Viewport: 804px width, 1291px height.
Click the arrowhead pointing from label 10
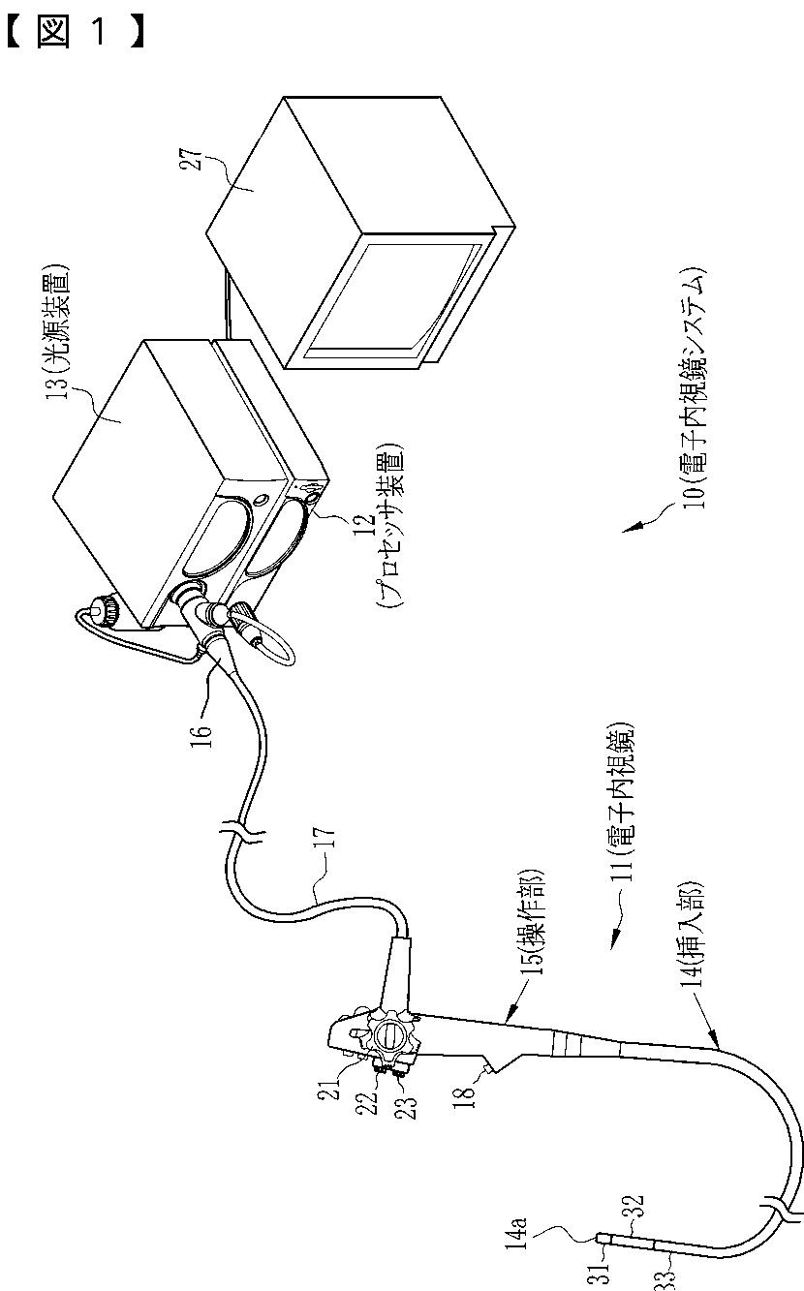click(630, 529)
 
